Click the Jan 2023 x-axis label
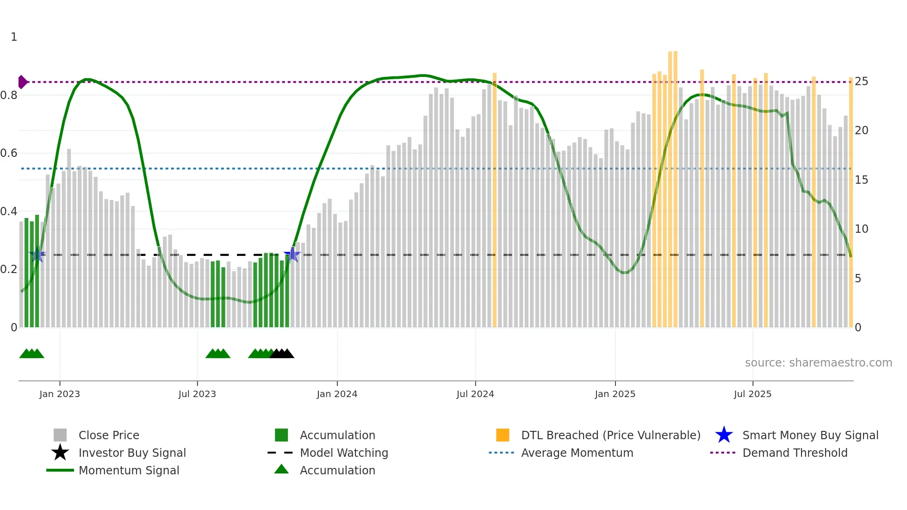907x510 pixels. [x=59, y=394]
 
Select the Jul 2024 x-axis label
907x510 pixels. [x=475, y=394]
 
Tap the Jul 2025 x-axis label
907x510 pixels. [x=752, y=394]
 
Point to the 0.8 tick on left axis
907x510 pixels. [x=9, y=95]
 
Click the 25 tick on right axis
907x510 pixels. [x=861, y=81]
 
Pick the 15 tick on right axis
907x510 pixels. [x=861, y=180]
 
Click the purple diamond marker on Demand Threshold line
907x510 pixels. [x=22, y=82]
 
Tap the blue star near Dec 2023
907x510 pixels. [x=292, y=254]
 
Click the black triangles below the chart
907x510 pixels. [x=281, y=354]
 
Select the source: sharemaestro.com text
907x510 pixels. [x=818, y=363]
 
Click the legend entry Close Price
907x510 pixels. [x=109, y=435]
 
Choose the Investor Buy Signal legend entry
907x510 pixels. [x=132, y=453]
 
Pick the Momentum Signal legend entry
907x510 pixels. [x=129, y=470]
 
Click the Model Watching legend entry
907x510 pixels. [x=344, y=453]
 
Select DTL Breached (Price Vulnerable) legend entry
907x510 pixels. [x=610, y=435]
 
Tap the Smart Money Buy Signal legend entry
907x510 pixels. [x=810, y=435]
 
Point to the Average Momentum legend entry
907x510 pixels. [x=577, y=453]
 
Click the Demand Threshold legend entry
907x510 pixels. [x=795, y=453]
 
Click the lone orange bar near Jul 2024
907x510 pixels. [x=494, y=199]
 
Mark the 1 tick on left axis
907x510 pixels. [x=14, y=37]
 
